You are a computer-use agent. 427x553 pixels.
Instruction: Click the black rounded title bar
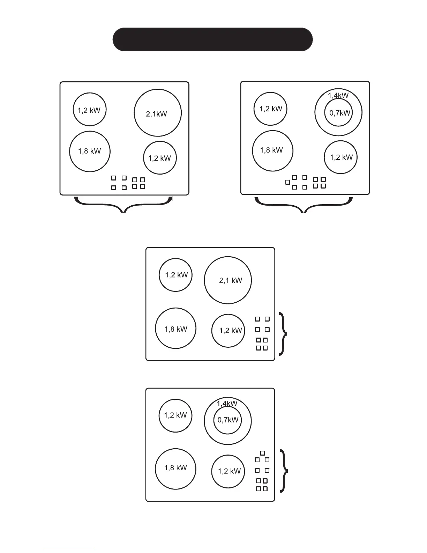click(x=212, y=39)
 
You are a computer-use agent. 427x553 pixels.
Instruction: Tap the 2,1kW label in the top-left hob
click(x=156, y=114)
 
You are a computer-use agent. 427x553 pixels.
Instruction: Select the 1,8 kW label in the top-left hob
click(x=89, y=151)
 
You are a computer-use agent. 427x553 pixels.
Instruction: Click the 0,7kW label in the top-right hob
click(x=339, y=113)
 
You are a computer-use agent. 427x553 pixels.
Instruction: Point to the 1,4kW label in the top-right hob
click(x=338, y=95)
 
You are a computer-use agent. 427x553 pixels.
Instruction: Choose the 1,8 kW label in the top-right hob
click(x=271, y=150)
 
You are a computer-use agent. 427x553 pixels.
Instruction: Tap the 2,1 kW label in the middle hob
click(x=230, y=280)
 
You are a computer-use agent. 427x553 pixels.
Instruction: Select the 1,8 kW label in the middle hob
click(x=176, y=329)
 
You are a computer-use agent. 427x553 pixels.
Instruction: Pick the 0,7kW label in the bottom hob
click(x=228, y=420)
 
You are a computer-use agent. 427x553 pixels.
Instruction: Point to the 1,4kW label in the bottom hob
click(x=227, y=404)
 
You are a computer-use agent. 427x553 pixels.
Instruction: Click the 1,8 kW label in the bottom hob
click(x=175, y=468)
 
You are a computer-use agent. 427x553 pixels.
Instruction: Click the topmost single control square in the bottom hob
click(x=262, y=453)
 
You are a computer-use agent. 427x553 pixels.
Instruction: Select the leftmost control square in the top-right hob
click(x=287, y=182)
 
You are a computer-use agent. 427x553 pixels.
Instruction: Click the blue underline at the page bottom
click(x=69, y=550)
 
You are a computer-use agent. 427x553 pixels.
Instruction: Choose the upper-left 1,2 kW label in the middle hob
click(x=176, y=275)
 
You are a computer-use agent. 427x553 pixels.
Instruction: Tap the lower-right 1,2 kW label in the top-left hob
click(x=159, y=158)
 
